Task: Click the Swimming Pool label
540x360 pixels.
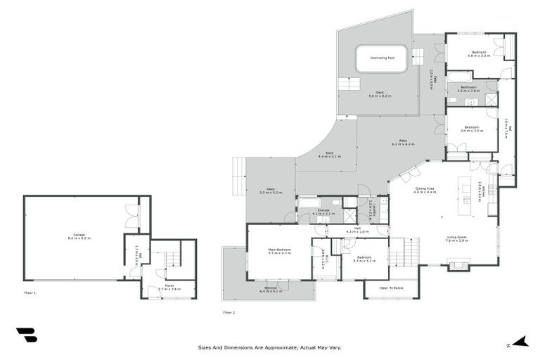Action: point(381,58)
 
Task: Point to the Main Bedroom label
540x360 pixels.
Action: point(279,251)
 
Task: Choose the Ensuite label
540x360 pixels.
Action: point(323,211)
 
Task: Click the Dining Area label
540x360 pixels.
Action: point(425,190)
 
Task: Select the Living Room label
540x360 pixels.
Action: point(456,239)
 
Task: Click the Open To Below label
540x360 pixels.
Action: point(391,288)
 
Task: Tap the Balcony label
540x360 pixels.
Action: point(271,289)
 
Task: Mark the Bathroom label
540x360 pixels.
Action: point(469,88)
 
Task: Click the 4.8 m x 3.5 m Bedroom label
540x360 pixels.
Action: point(479,53)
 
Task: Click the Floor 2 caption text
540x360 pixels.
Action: point(229,311)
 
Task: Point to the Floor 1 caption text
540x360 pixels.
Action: point(30,291)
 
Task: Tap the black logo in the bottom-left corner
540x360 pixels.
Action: point(26,335)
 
